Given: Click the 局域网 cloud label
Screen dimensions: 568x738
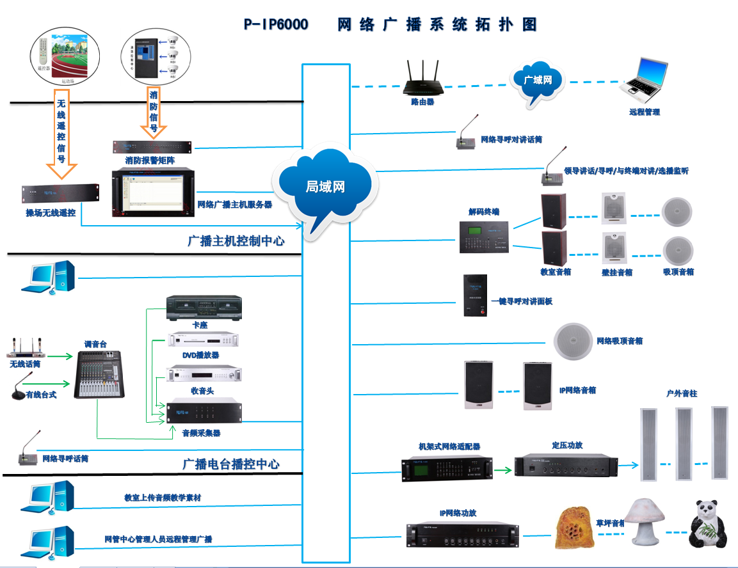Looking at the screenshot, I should tap(325, 187).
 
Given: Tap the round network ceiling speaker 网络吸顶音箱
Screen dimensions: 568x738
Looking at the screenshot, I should tap(574, 341).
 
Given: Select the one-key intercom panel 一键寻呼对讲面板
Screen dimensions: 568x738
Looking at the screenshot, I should tap(475, 295).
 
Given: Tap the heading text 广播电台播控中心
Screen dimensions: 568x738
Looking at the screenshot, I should tap(231, 464).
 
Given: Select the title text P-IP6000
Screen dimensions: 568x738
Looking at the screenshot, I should tap(276, 25).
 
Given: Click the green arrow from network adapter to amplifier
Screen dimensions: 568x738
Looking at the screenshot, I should tap(504, 471).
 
